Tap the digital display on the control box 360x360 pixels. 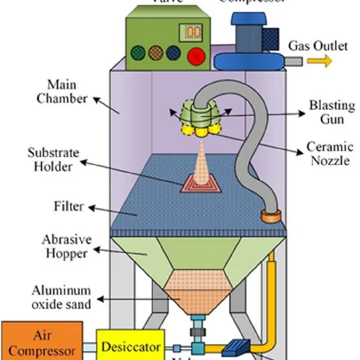point(194,31)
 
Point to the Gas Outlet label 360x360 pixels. point(318,46)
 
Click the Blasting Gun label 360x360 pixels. point(327,111)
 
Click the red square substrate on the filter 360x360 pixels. point(202,182)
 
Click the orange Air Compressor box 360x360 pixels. point(42,342)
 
